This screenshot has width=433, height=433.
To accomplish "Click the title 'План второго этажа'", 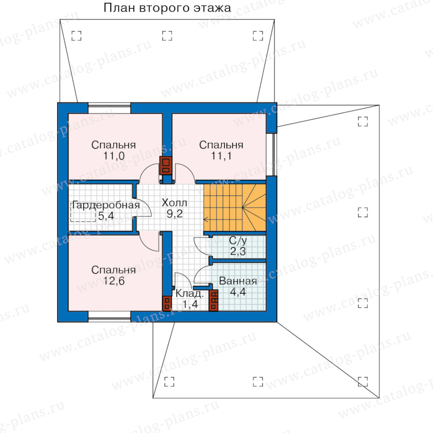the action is point(167,8).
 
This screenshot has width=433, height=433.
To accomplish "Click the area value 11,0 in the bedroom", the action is point(114,156).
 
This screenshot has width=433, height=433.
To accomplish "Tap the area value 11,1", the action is point(221,156).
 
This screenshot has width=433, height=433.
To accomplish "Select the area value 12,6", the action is point(114,281).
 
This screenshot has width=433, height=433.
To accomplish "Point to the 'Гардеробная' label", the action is point(106,205).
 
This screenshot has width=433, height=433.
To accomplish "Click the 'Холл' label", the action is point(174,203).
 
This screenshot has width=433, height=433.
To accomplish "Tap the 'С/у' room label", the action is point(238,241).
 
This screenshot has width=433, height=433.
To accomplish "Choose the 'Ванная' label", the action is point(238,281).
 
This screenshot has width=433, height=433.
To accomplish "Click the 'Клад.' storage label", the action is point(190,293).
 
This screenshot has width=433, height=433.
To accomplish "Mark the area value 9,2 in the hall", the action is point(175,214).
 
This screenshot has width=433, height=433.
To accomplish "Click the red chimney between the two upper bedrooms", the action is point(166,166).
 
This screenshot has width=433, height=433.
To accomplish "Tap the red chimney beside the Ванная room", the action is point(214,300).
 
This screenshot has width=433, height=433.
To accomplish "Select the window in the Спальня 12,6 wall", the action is point(109,317).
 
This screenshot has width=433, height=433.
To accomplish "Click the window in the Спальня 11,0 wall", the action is point(109,108).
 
